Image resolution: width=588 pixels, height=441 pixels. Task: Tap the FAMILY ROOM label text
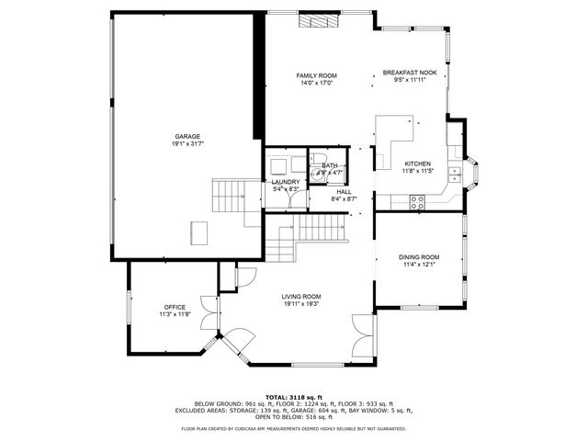coord(316,75)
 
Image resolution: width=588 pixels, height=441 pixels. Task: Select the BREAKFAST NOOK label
coord(409,72)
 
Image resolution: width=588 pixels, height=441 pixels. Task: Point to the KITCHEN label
coord(418,164)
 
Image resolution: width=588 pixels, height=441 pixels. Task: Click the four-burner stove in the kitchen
coord(417,199)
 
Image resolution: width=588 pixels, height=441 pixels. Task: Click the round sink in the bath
coord(316,178)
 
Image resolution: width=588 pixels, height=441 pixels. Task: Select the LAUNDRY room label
coord(285,182)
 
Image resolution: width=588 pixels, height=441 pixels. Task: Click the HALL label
coord(344,191)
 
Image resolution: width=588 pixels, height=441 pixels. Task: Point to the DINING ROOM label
coord(418,257)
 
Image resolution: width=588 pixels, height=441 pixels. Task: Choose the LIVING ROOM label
coord(300,296)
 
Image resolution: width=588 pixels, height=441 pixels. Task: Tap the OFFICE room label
coord(175,307)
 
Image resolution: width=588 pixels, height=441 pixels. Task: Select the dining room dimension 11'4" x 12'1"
coord(418,266)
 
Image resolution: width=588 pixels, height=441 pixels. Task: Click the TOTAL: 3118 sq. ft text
coord(293,396)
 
